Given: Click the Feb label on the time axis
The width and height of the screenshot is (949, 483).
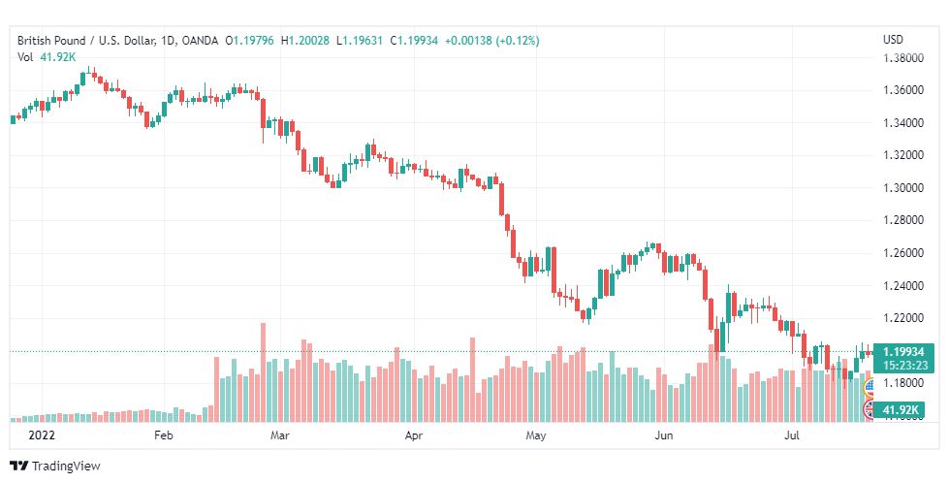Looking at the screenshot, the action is (164, 435).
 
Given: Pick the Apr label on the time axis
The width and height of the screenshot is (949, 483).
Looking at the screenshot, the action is (413, 435).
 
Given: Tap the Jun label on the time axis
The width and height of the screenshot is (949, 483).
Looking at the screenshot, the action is (664, 435).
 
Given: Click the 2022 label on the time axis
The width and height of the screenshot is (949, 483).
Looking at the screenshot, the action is (42, 435).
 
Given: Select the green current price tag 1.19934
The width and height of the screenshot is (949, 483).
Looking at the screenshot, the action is (903, 352).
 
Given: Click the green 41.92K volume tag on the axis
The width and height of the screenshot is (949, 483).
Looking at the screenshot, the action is (900, 410).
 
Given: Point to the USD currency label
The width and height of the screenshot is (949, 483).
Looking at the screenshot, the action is (893, 40).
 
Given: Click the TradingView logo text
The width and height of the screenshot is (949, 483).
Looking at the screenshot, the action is (65, 467).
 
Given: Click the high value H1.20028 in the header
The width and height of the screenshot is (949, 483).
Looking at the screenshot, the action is (305, 41).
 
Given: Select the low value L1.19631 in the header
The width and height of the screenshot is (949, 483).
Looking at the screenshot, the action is (360, 41).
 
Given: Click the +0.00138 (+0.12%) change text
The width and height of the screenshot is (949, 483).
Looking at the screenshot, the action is (492, 41).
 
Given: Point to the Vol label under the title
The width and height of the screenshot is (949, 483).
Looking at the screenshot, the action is (25, 57).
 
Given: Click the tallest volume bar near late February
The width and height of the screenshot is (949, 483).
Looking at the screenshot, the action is (263, 372).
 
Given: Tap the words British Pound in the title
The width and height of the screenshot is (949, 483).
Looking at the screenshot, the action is (51, 41).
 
